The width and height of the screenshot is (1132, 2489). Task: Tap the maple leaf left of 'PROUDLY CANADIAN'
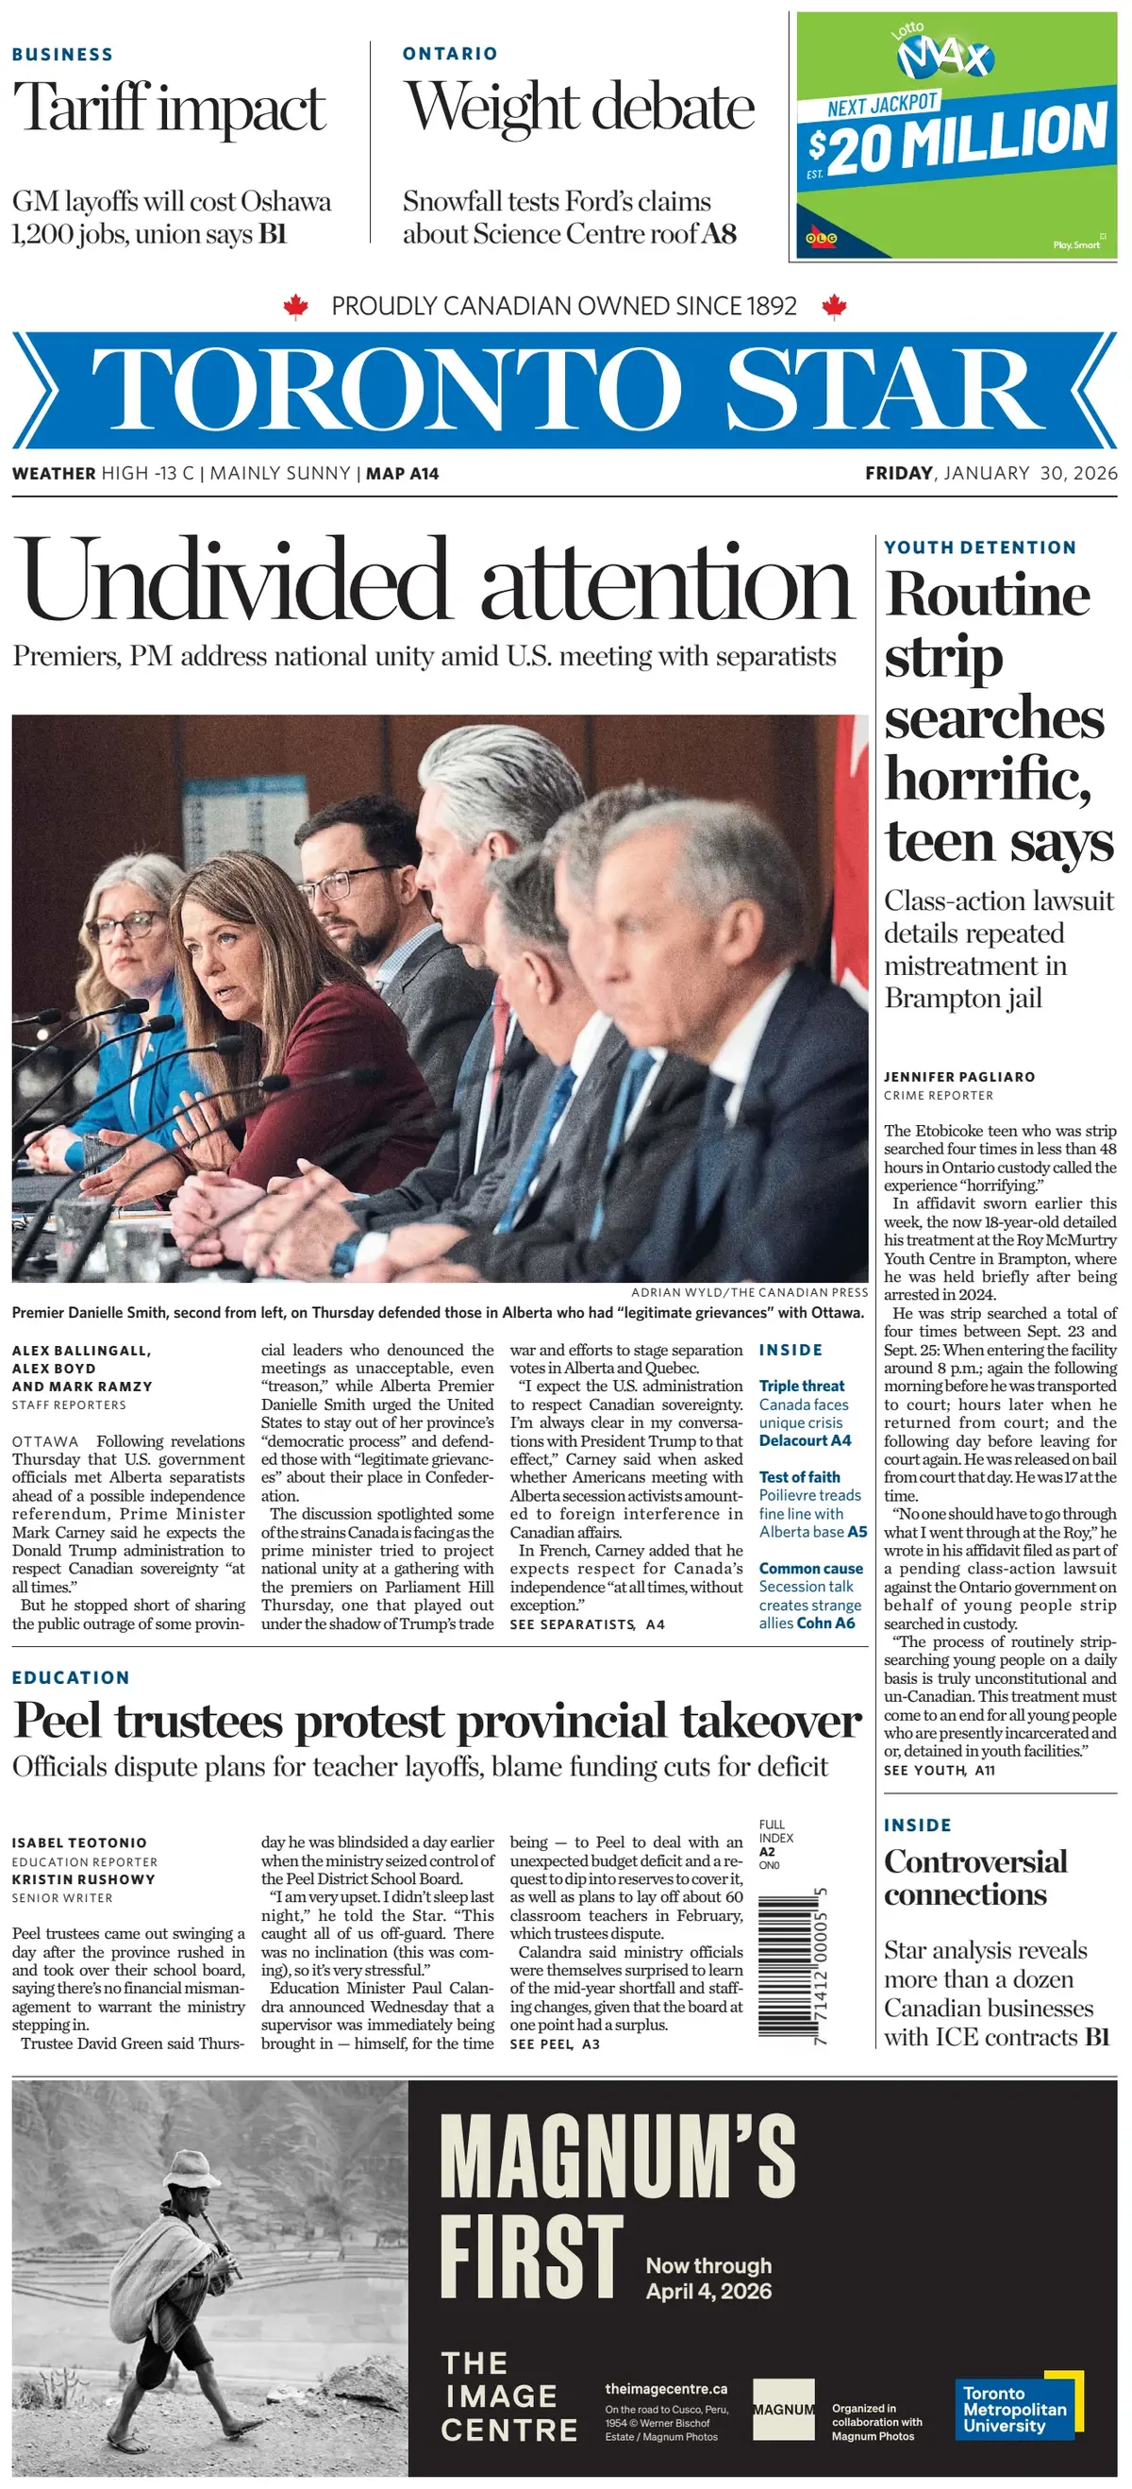295,307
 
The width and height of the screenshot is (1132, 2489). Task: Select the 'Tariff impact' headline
169,108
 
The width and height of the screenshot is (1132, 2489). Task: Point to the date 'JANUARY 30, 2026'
1029,474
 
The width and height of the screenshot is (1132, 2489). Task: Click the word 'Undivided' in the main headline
232,580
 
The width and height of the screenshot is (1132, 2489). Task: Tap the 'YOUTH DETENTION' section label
979,547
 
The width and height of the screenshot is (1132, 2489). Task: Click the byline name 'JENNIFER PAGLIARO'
958,1076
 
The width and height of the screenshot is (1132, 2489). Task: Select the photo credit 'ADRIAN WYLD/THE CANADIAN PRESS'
749,1292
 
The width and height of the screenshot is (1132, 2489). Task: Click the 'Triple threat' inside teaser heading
801,1386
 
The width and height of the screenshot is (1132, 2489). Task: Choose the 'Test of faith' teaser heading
799,1476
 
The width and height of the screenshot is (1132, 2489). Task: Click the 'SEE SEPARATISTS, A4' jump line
587,1624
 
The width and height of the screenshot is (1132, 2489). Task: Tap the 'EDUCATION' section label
71,1677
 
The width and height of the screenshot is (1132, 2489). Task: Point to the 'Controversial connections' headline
974,1877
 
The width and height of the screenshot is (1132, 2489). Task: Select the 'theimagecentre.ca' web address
665,2389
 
